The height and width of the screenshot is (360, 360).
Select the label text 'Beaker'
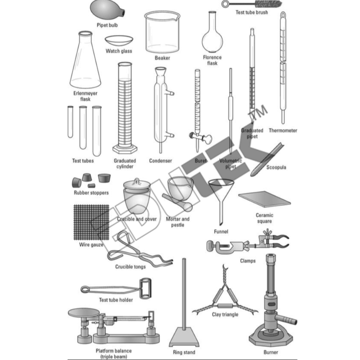[x=162, y=58]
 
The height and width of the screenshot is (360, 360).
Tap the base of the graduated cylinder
[x=124, y=149]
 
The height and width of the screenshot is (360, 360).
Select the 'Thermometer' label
[x=283, y=131]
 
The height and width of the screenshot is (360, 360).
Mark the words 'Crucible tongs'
[x=130, y=267]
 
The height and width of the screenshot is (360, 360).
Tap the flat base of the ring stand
[x=184, y=339]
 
